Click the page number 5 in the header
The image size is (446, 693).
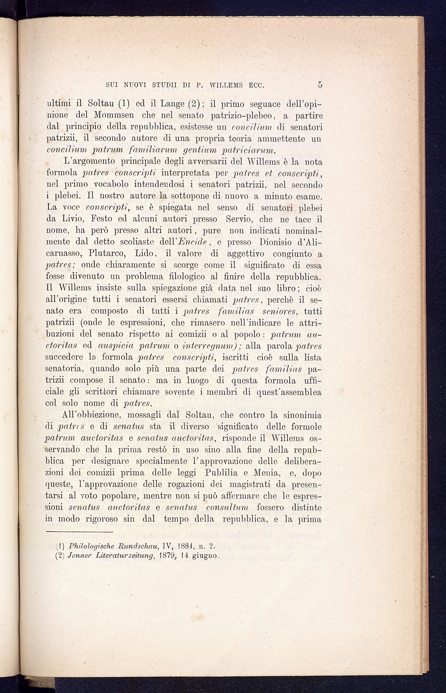click(320, 85)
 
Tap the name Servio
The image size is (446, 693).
click(239, 219)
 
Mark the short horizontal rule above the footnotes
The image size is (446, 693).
click(79, 531)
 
